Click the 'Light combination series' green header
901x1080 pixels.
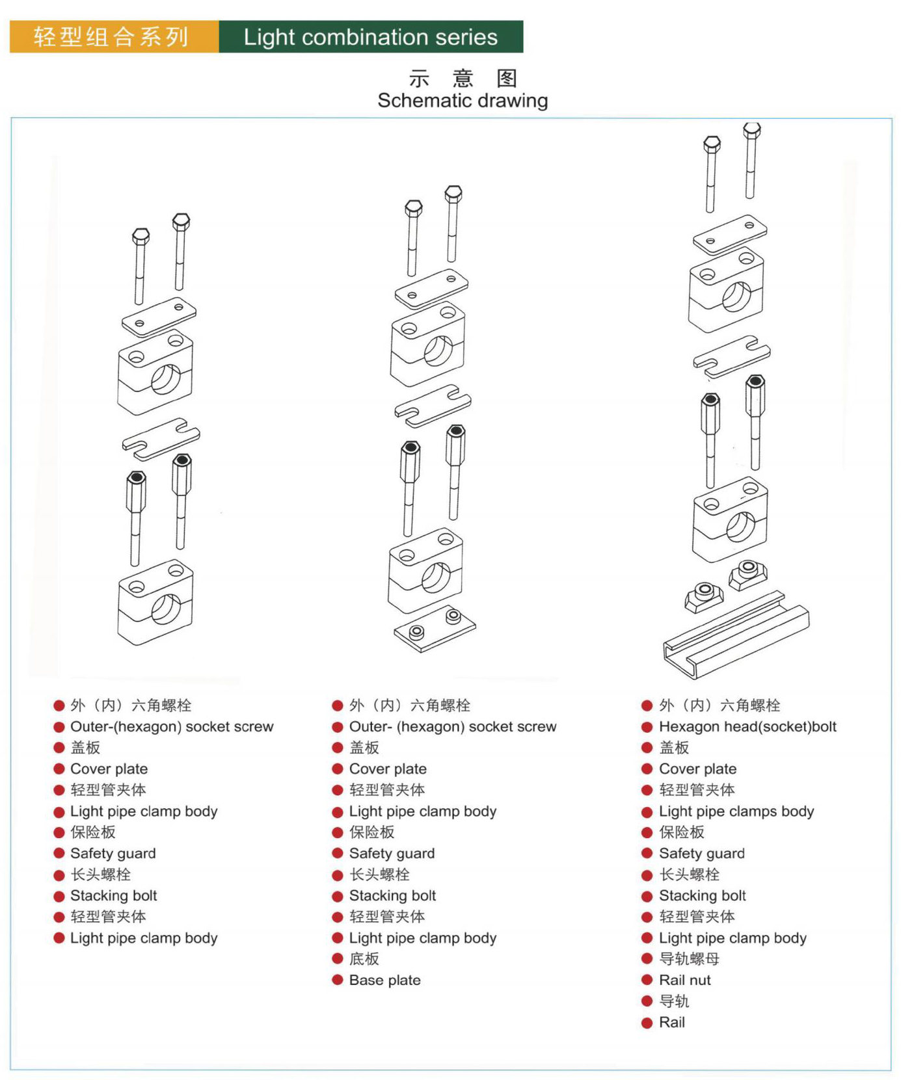coord(371,37)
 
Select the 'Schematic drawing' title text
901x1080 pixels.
coord(463,101)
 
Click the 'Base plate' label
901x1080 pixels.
coord(384,980)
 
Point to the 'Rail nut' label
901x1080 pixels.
coord(684,980)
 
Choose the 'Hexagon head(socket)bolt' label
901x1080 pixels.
coord(747,726)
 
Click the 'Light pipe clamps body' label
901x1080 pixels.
coord(736,811)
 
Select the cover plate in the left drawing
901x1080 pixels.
coord(159,316)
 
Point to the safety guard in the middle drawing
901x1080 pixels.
coord(433,405)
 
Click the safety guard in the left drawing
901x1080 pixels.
coord(161,438)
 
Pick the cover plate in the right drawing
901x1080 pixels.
coord(730,234)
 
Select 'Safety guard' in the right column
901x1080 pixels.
coord(701,853)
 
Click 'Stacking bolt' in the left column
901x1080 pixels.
coord(113,895)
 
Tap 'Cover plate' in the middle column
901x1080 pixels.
coord(388,769)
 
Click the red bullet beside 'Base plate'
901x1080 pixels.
coord(338,980)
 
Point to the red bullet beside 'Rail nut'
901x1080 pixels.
coord(647,980)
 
